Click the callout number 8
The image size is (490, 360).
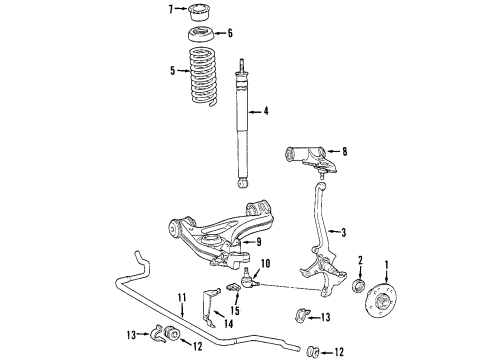pyautogui.click(x=345, y=153)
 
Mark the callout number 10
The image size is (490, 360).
pyautogui.click(x=265, y=265)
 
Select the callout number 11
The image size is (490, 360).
pyautogui.click(x=183, y=297)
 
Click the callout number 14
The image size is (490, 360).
pyautogui.click(x=229, y=323)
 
